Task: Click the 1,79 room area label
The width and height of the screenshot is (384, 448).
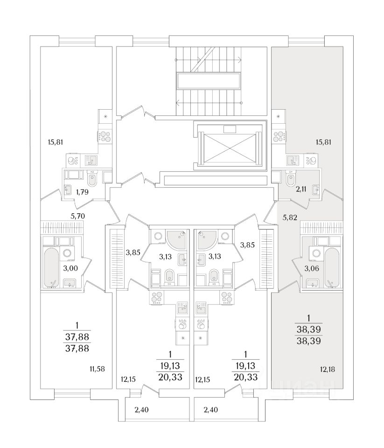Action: point(83,191)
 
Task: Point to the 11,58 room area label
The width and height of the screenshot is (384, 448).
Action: point(97,369)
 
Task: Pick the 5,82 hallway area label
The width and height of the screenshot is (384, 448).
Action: point(290,217)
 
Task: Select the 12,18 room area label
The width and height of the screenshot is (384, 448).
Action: point(328,369)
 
